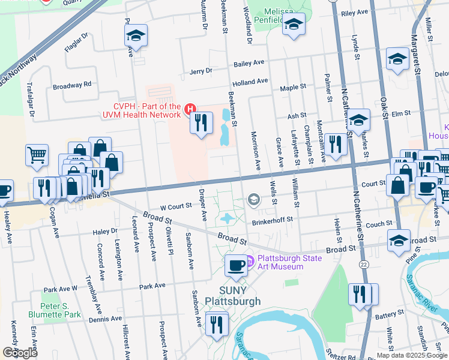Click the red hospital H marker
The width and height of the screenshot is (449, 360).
tap(190, 109)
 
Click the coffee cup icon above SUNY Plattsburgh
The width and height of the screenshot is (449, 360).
tap(236, 265)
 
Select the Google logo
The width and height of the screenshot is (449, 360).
tap(20, 353)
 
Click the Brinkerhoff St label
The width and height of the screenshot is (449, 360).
tap(272, 220)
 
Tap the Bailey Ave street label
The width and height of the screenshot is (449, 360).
tap(250, 63)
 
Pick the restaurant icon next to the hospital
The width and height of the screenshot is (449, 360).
tap(201, 123)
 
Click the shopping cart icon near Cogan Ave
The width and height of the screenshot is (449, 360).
tap(37, 155)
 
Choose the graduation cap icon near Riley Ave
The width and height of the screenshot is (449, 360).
tap(294, 24)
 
